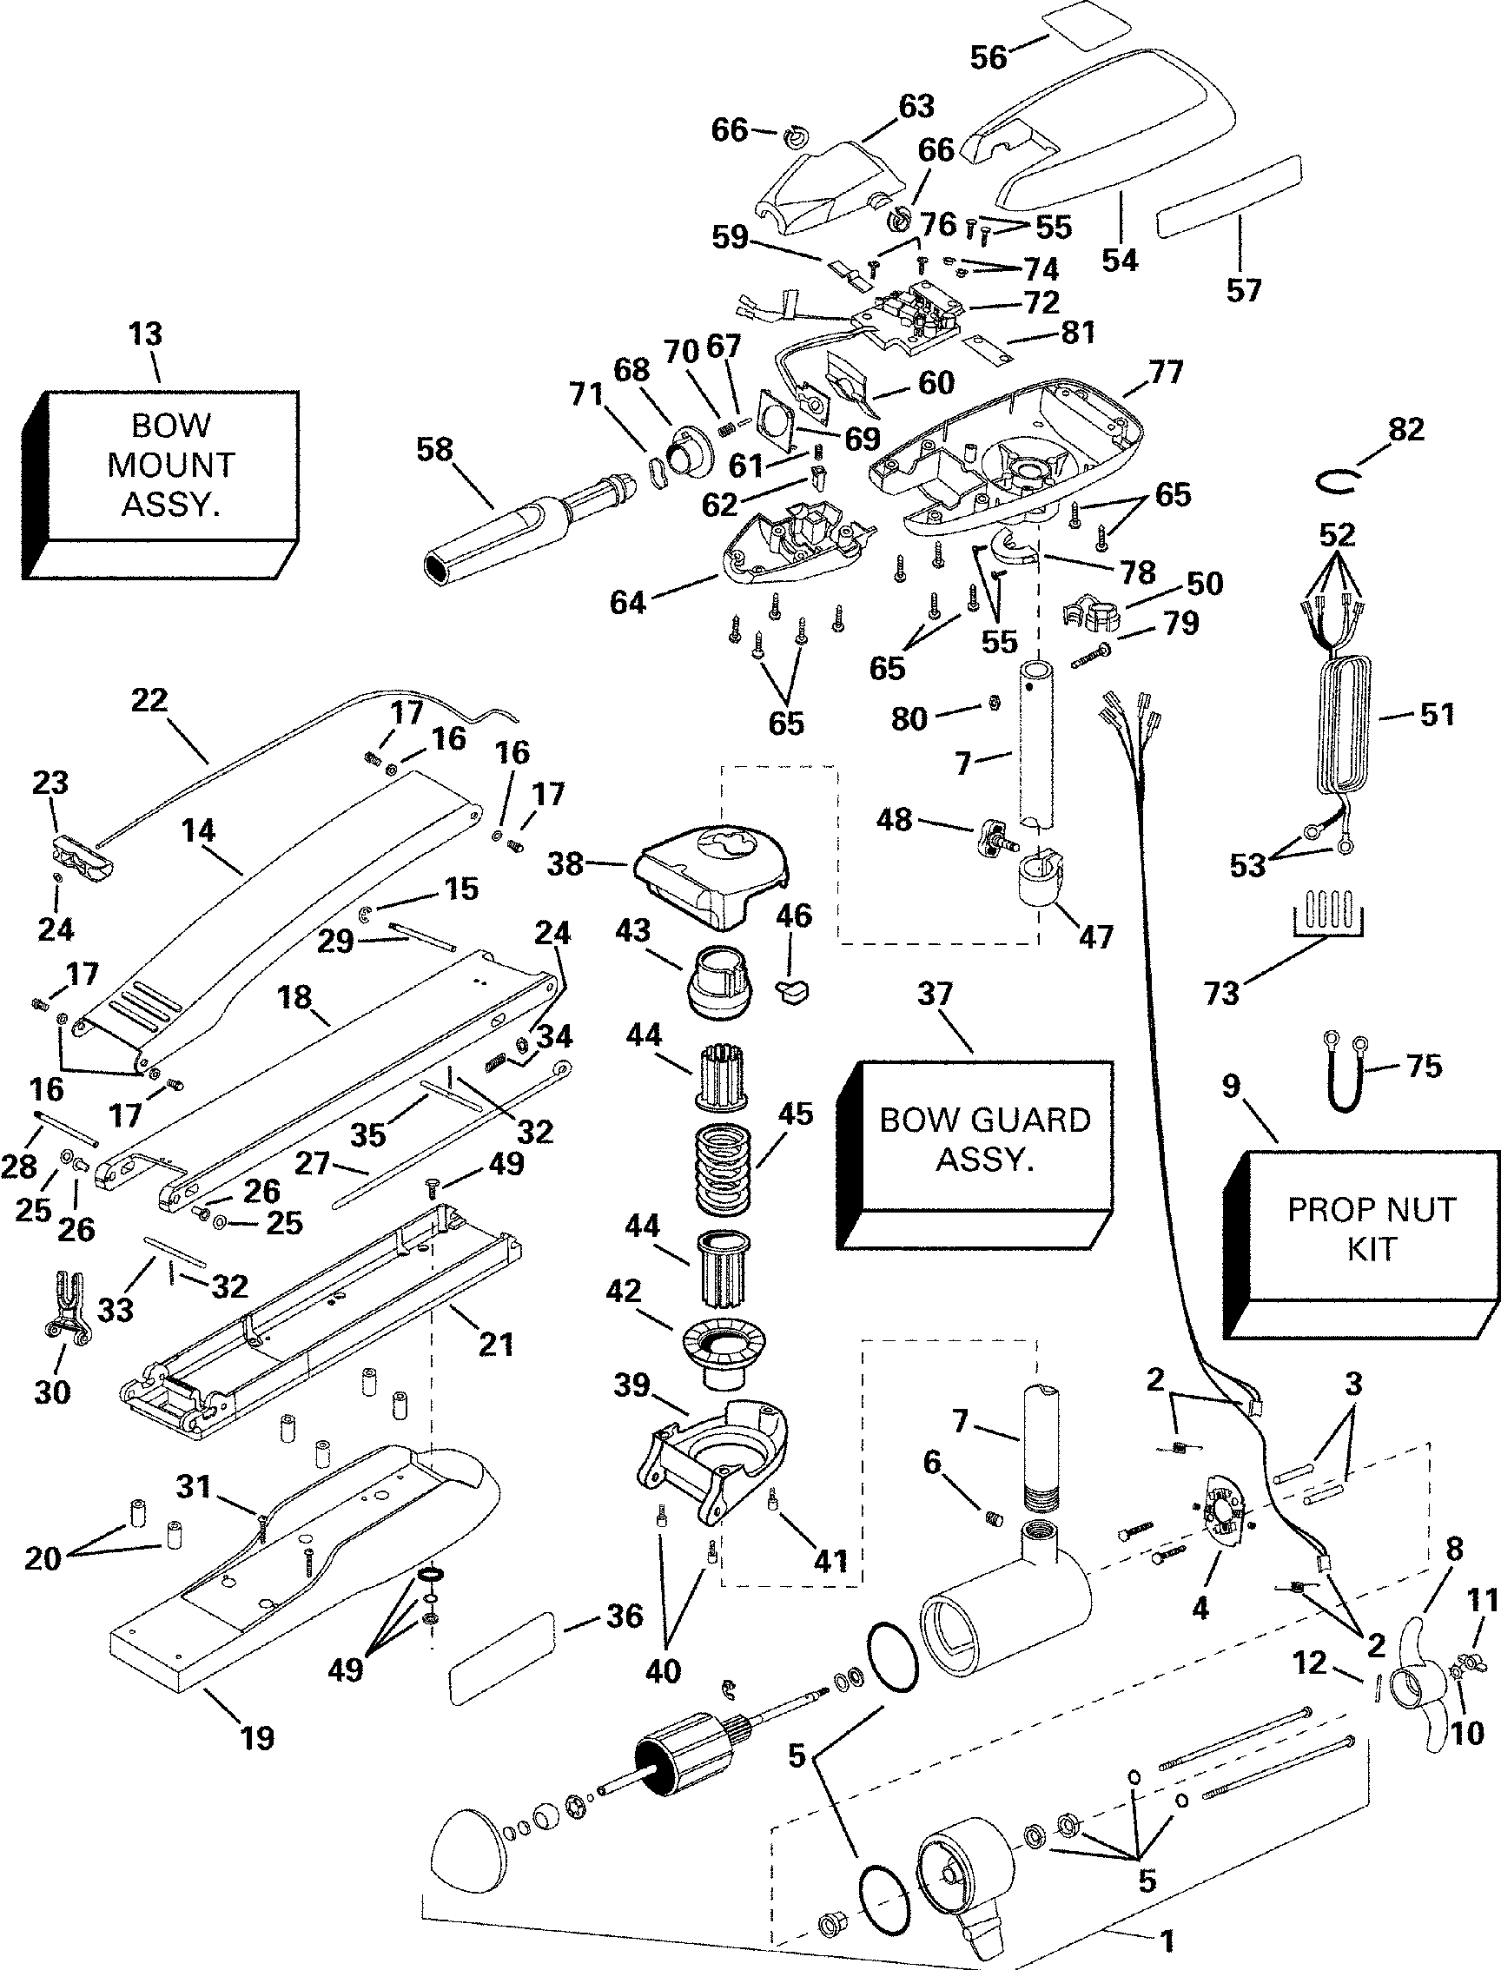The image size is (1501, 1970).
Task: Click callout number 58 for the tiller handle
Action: pos(435,449)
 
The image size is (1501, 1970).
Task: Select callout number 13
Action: pos(146,334)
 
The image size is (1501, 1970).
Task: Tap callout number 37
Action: pos(935,994)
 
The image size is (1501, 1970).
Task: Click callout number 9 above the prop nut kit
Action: pos(1232,1087)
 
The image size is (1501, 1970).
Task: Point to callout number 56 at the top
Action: pos(989,57)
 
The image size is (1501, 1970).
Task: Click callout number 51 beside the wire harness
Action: pos(1437,714)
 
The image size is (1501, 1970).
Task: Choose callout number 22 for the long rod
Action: pos(149,699)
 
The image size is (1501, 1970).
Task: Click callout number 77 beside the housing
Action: pos(1166,371)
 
